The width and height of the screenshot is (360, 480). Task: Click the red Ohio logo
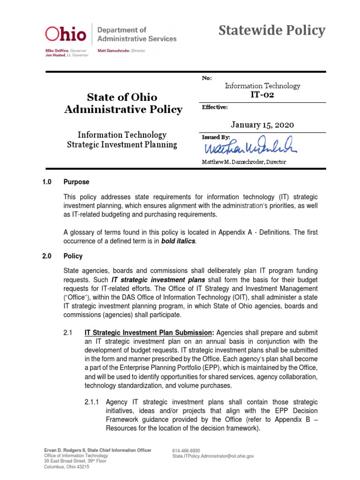coord(65,34)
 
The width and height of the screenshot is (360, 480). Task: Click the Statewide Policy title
coord(272,31)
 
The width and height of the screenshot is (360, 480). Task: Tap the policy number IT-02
coord(262,95)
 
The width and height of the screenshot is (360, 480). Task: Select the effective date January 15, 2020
coord(262,125)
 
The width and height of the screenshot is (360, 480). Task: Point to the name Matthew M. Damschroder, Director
coord(244,162)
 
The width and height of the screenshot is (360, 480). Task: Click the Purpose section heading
coord(76,182)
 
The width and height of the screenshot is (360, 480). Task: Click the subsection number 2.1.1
coord(93,402)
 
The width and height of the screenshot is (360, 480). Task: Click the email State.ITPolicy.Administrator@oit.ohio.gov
coord(213,456)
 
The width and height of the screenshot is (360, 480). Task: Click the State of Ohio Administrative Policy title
coord(123,104)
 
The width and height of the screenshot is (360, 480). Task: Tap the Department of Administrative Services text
coord(136,34)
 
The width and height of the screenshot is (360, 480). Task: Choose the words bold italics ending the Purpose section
coord(178,241)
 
